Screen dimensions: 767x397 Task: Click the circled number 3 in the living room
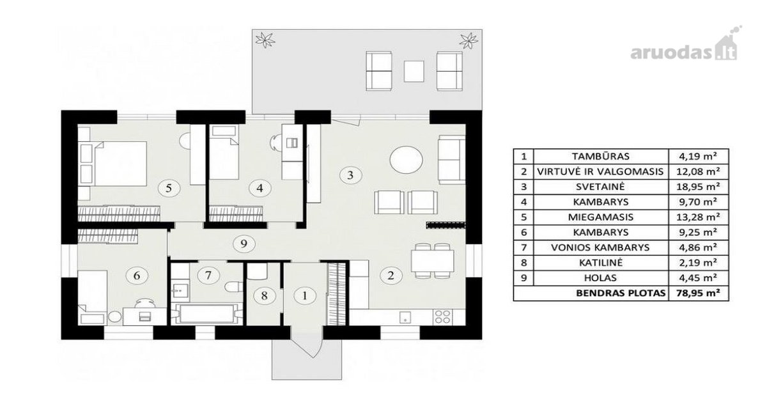tap(350, 175)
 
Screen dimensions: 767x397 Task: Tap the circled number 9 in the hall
tap(244, 244)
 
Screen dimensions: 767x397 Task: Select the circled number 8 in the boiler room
tap(264, 295)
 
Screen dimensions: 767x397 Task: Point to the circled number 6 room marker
tap(137, 276)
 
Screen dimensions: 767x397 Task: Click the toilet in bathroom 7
tap(234, 286)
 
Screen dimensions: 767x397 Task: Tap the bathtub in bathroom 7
tap(206, 313)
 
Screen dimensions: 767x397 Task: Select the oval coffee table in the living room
tap(407, 160)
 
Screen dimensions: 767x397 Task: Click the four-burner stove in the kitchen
tap(442, 317)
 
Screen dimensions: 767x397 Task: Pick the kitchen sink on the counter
tap(405, 317)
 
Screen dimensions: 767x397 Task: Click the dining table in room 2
tap(433, 261)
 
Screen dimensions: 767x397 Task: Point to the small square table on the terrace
tap(414, 71)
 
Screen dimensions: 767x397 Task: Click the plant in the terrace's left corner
tap(265, 40)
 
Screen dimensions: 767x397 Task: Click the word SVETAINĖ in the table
tap(600, 187)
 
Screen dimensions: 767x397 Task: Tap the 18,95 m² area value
tap(698, 187)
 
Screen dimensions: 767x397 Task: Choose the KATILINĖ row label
tap(601, 263)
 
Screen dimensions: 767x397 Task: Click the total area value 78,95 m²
tap(698, 293)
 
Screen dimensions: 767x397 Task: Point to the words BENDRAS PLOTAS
tap(621, 293)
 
